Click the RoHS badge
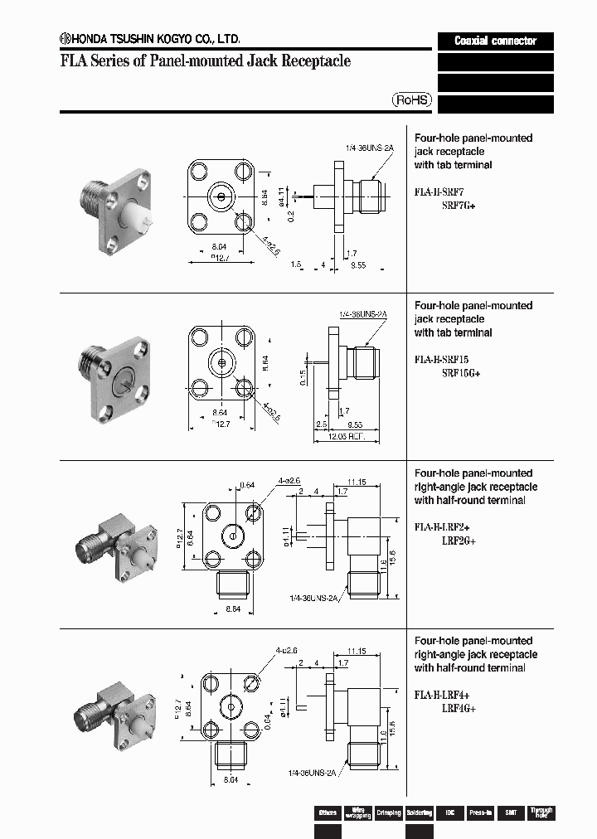tap(412, 99)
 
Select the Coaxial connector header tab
tap(495, 41)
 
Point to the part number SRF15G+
tap(461, 373)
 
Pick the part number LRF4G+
tap(459, 709)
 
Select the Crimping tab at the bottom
tap(388, 812)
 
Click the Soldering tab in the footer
tap(419, 812)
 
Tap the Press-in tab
tap(480, 812)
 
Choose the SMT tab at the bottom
tap(510, 812)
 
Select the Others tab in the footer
tap(328, 812)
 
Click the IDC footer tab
tap(449, 812)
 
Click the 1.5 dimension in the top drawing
tap(296, 264)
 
